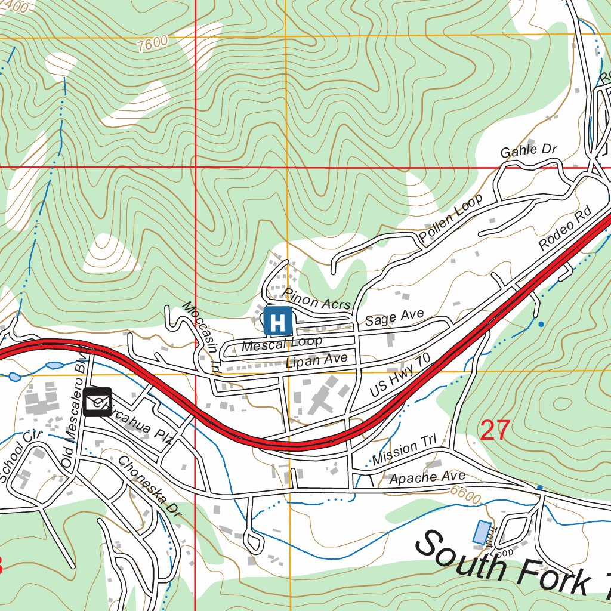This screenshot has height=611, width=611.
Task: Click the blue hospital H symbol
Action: (277, 321)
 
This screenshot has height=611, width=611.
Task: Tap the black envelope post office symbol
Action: (98, 402)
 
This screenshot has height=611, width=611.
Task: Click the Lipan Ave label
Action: (316, 360)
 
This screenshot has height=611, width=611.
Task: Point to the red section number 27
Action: (495, 430)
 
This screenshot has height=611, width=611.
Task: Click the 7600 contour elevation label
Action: (152, 43)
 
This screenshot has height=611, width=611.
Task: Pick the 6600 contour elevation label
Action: (466, 495)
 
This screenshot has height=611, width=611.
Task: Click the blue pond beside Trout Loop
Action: (480, 532)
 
